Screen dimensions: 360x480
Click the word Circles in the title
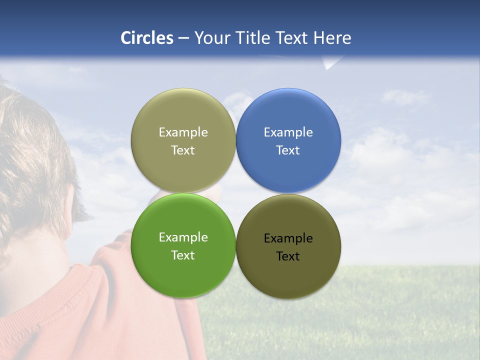click(147, 38)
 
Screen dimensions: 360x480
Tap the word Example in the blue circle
click(288, 132)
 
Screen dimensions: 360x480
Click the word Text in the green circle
click(183, 255)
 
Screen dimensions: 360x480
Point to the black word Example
click(288, 238)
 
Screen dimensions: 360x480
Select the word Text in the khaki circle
click(183, 150)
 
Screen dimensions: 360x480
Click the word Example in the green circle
click(183, 237)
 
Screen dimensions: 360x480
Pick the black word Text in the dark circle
click(288, 256)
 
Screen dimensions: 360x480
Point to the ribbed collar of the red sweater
click(55, 295)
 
